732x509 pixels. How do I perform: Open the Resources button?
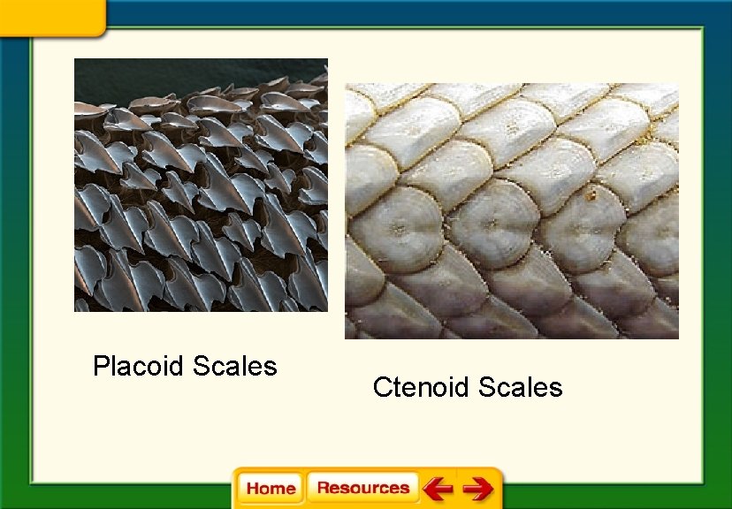362,488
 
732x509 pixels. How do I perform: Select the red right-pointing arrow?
478,488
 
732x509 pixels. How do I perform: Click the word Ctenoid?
422,387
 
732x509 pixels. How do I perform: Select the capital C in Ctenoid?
382,387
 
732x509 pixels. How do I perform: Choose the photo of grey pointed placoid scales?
201,194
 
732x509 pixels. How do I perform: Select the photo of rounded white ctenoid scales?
511,212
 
